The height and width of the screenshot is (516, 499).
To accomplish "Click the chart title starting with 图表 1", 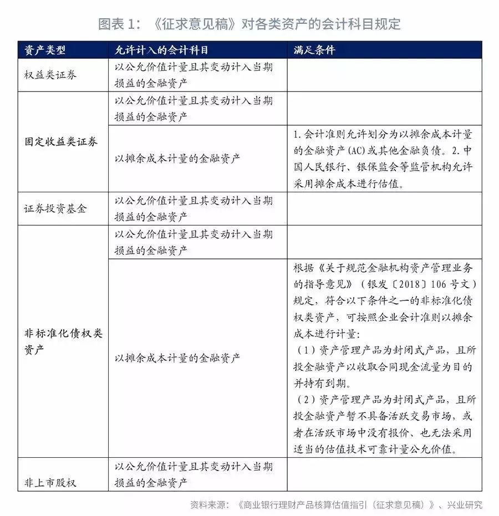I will point(249,24).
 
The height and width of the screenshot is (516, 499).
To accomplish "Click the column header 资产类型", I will point(45,50).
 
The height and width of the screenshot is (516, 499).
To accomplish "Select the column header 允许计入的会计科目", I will point(161,50).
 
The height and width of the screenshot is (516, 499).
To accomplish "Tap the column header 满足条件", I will point(314,50).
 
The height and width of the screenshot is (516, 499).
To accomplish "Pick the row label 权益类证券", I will point(50,75).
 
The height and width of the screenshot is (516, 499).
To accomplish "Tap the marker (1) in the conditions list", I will point(306,351).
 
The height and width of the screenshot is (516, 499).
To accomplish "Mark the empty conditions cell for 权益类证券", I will point(384,75).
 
